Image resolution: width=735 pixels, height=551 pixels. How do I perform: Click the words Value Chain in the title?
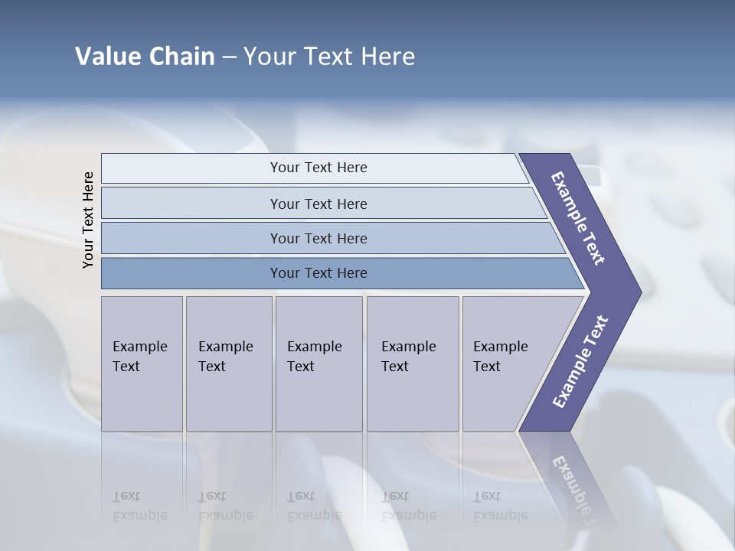(145, 57)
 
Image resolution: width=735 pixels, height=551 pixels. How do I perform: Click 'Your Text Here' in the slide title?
(329, 57)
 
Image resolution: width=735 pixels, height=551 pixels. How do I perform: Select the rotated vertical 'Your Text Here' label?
(88, 220)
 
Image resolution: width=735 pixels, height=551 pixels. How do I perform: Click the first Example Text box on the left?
(142, 364)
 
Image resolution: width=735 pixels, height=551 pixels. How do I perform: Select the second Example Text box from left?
(228, 364)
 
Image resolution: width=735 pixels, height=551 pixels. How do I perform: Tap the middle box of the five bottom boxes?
(318, 364)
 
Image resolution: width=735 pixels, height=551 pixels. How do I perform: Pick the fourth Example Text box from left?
(412, 364)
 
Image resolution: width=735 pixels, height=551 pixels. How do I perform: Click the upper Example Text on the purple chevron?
(578, 218)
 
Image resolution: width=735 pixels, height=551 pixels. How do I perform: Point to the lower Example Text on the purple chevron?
(580, 362)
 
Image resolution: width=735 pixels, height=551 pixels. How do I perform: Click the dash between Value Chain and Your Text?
(229, 57)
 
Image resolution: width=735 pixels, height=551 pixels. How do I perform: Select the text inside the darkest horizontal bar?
(318, 273)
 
